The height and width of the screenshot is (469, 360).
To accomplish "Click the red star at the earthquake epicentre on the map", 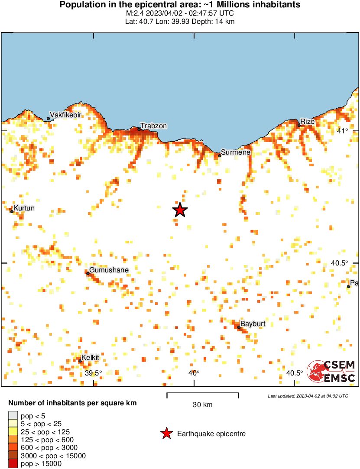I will pyautogui.click(x=180, y=210).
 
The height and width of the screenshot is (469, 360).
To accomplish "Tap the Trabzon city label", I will pyautogui.click(x=153, y=126).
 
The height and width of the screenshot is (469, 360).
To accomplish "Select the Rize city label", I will pyautogui.click(x=307, y=121).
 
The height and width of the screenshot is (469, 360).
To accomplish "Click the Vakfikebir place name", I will pyautogui.click(x=66, y=115).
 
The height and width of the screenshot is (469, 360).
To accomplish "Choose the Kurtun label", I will pyautogui.click(x=24, y=208).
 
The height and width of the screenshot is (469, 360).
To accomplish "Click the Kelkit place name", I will pyautogui.click(x=91, y=357).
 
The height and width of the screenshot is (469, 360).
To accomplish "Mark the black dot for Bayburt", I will pyautogui.click(x=239, y=327).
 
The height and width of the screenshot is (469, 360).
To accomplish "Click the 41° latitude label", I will pyautogui.click(x=343, y=131).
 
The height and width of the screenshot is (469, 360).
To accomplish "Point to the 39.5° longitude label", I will pyautogui.click(x=93, y=373).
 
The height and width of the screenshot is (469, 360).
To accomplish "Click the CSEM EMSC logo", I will pyautogui.click(x=331, y=372).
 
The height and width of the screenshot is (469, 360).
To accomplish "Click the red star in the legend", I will pyautogui.click(x=166, y=433).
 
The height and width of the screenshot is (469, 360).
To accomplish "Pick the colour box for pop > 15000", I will pyautogui.click(x=13, y=463).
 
